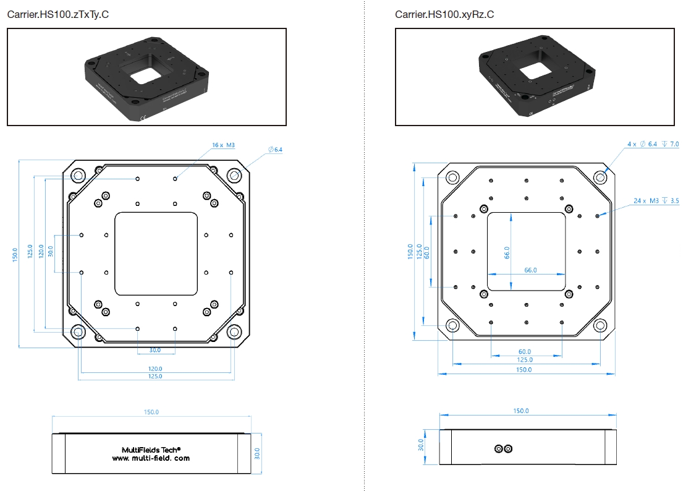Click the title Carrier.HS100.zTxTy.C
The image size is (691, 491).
click(x=58, y=14)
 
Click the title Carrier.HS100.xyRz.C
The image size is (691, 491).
click(x=444, y=14)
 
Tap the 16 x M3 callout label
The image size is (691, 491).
click(x=223, y=145)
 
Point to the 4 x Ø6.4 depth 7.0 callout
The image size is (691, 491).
click(x=653, y=144)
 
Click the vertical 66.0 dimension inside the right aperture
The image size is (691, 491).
click(x=507, y=252)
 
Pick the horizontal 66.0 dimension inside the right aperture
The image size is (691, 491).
click(x=530, y=270)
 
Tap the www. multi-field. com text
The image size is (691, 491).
click(x=151, y=458)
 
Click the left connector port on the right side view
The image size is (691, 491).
click(x=499, y=449)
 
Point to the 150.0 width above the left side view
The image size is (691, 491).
click(x=151, y=412)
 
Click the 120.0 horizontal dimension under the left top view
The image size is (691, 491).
click(x=155, y=369)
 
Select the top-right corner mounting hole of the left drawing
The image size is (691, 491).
click(x=234, y=176)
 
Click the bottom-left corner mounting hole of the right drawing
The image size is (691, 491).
click(x=452, y=325)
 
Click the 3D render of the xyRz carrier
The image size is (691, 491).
click(x=535, y=77)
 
